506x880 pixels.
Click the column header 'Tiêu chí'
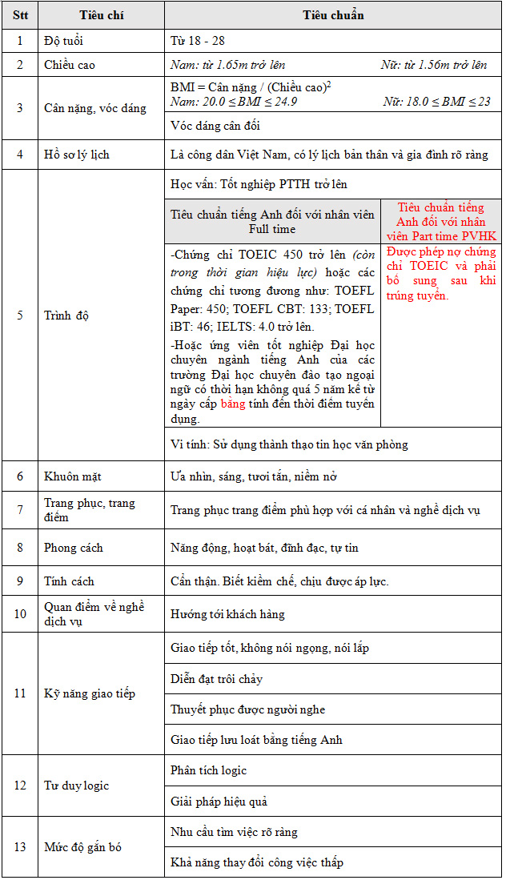pyautogui.click(x=102, y=16)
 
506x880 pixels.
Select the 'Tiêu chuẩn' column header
pyautogui.click(x=333, y=16)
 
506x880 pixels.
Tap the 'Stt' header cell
pyautogui.click(x=20, y=16)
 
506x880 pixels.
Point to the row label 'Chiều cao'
pyautogui.click(x=70, y=65)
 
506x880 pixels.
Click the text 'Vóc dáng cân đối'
pyautogui.click(x=215, y=126)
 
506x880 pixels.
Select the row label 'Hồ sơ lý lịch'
pyautogui.click(x=77, y=155)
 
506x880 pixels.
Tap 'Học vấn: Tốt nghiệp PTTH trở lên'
pyautogui.click(x=259, y=184)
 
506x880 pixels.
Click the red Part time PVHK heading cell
pyautogui.click(x=441, y=221)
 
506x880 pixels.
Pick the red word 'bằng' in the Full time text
pyautogui.click(x=233, y=404)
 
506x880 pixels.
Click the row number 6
pyautogui.click(x=20, y=476)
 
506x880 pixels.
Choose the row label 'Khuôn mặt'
pyautogui.click(x=72, y=476)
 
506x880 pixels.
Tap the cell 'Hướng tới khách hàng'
pyautogui.click(x=227, y=614)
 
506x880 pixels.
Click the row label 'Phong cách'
pyautogui.click(x=74, y=548)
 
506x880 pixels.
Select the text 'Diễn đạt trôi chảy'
pyautogui.click(x=217, y=679)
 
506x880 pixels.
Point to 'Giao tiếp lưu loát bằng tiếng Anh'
pyautogui.click(x=256, y=740)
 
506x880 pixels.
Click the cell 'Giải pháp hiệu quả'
pyautogui.click(x=219, y=802)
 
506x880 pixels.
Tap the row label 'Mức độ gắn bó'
pyautogui.click(x=82, y=847)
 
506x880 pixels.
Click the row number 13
pyautogui.click(x=20, y=847)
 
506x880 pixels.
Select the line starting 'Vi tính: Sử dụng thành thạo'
pyautogui.click(x=289, y=444)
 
